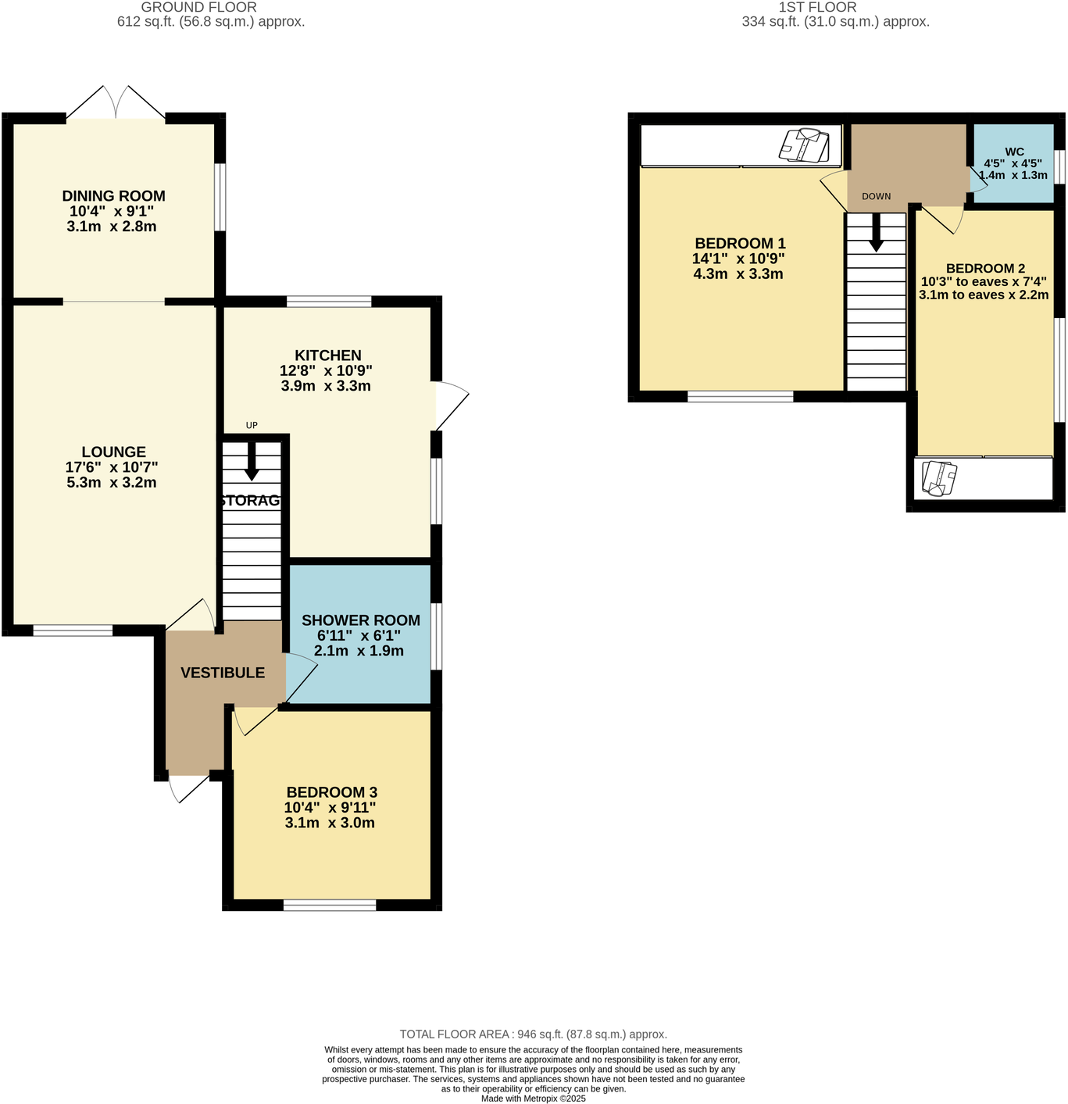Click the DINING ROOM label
(x=113, y=196)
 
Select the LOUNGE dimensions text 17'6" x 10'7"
(x=112, y=467)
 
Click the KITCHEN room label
(x=327, y=355)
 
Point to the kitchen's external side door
(x=451, y=405)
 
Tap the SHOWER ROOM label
(x=360, y=620)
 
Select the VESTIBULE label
(x=223, y=673)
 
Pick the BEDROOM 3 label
(x=331, y=792)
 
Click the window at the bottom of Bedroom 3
(x=330, y=906)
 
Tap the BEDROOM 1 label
(x=739, y=244)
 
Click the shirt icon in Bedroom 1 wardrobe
(x=804, y=145)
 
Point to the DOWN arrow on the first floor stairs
(x=876, y=233)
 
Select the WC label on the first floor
(x=1014, y=152)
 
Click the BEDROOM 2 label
(x=984, y=269)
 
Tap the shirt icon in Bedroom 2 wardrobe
(x=939, y=478)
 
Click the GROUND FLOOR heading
(x=198, y=7)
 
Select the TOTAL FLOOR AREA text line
(x=533, y=1034)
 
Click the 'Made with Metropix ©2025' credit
(x=533, y=1098)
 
